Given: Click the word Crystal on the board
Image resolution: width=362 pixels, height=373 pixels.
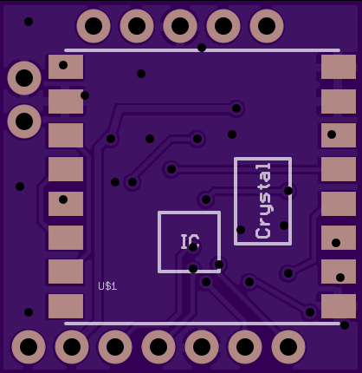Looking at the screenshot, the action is [x=263, y=201].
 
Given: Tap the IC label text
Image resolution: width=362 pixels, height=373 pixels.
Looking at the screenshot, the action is [x=190, y=242].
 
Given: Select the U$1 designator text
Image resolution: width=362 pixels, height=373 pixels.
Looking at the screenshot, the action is [x=107, y=286].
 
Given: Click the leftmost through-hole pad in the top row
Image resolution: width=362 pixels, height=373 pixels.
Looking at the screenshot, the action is [x=94, y=26].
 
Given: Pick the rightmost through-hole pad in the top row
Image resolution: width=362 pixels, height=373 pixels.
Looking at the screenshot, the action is [x=267, y=26].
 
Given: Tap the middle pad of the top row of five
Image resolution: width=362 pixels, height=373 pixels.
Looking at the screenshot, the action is [x=180, y=26].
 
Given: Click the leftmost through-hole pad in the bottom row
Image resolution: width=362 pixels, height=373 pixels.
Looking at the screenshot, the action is [x=29, y=347].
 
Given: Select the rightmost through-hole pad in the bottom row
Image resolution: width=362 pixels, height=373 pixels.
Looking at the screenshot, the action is [x=288, y=347].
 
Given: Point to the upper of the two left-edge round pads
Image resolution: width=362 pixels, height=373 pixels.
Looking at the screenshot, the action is [x=24, y=78].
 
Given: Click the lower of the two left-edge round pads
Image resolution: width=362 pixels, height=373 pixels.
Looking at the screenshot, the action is [x=24, y=121].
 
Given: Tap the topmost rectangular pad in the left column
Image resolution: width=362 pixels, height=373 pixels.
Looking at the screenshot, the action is [x=66, y=67].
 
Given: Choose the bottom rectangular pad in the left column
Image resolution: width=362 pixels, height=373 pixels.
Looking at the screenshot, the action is [x=66, y=306].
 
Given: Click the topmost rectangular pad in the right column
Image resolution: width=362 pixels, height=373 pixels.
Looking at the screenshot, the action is [x=339, y=67].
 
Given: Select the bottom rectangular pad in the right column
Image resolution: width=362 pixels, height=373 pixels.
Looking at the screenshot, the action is [x=339, y=306].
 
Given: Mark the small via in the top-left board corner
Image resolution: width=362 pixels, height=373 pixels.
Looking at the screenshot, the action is [x=29, y=22].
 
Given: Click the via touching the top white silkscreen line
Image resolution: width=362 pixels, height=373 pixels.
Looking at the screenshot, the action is [x=202, y=48].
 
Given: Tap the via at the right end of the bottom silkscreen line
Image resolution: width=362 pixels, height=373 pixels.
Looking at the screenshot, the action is [x=345, y=325].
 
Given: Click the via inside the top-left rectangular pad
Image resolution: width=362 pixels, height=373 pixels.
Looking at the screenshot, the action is [x=63, y=65].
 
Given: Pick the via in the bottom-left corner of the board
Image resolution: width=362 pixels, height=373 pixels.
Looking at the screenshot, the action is [x=29, y=312].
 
